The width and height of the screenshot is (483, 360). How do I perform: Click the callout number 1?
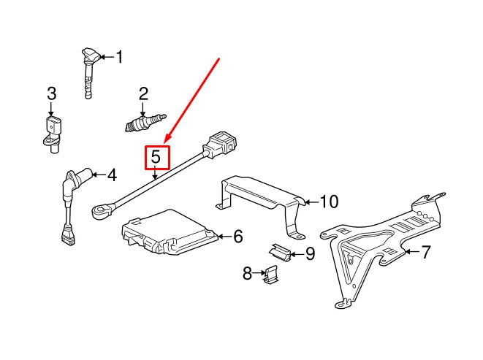tap(120, 56)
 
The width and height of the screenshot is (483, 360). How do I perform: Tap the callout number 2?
tap(144, 93)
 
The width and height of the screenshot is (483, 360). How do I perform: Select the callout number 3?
tap(51, 93)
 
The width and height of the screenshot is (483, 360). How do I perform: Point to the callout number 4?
tap(111, 175)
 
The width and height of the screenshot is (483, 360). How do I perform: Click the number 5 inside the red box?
tap(156, 157)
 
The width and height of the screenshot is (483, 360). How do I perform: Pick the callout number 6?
tap(237, 236)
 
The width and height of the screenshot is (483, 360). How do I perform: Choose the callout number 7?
tap(426, 253)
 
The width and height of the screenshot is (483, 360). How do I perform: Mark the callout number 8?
tap(247, 273)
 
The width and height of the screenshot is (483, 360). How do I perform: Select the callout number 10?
tap(330, 201)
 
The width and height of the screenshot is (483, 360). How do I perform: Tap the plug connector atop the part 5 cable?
tap(219, 142)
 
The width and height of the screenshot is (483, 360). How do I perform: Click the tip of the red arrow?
tap(166, 142)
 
